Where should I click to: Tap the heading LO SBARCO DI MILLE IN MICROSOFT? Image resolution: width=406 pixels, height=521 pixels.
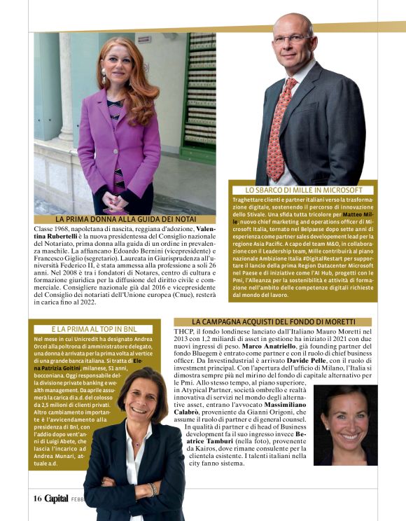click(304, 190)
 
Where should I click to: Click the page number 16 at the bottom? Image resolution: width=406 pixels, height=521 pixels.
click(37, 499)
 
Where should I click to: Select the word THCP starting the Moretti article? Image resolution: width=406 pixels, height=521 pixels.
click(184, 331)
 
